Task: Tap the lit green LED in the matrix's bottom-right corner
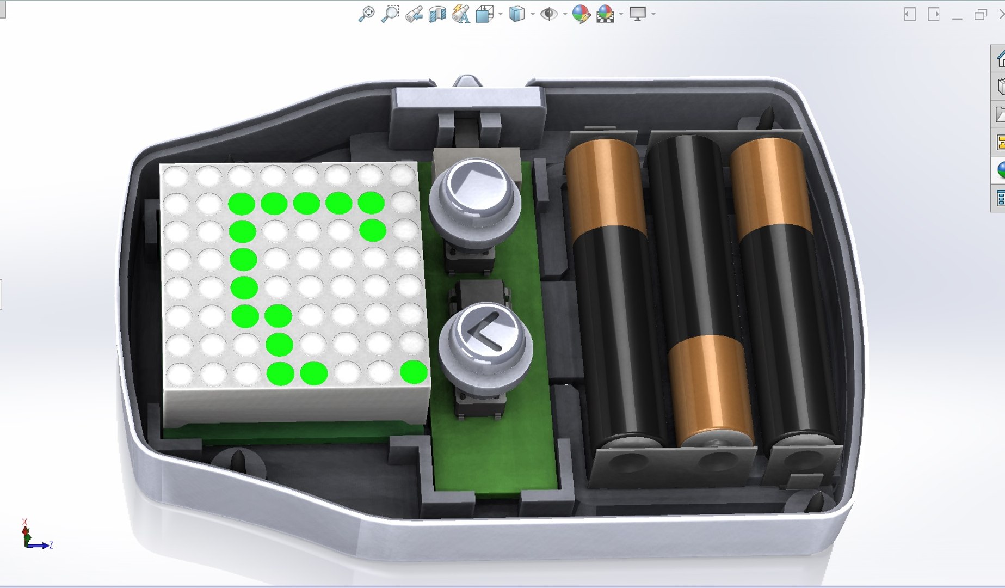tap(414, 372)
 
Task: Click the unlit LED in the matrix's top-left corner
tap(176, 177)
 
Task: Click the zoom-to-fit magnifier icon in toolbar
tap(366, 14)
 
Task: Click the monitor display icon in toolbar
tap(637, 14)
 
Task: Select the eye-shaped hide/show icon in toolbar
tap(548, 14)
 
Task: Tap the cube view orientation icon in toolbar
tap(516, 14)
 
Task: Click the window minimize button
tap(957, 15)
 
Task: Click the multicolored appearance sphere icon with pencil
tap(581, 14)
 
